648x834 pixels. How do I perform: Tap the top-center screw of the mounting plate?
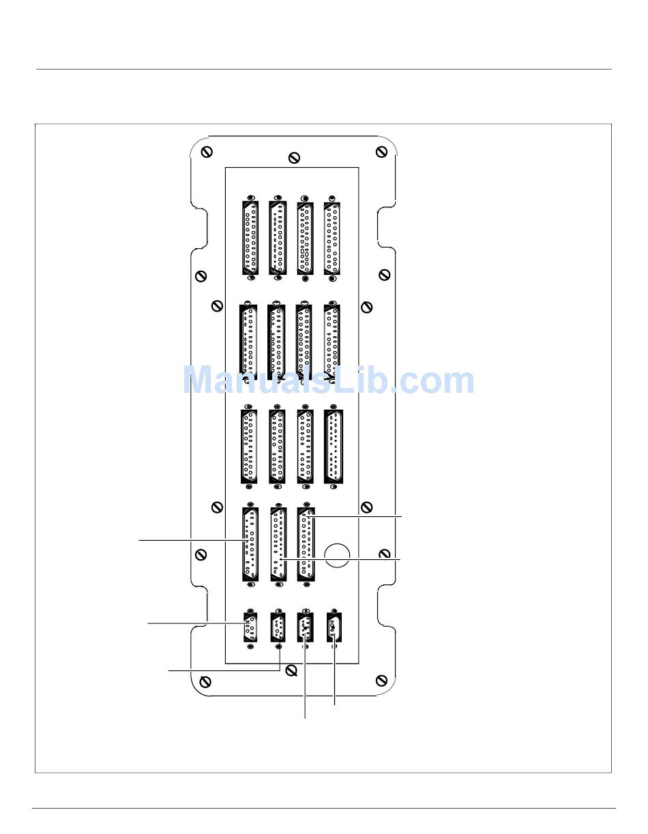294,158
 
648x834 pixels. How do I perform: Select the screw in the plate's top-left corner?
207,152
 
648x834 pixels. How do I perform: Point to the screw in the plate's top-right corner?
381,152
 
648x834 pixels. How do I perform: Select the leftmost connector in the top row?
250,237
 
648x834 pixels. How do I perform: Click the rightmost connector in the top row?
332,237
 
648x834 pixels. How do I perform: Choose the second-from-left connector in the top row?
278,237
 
